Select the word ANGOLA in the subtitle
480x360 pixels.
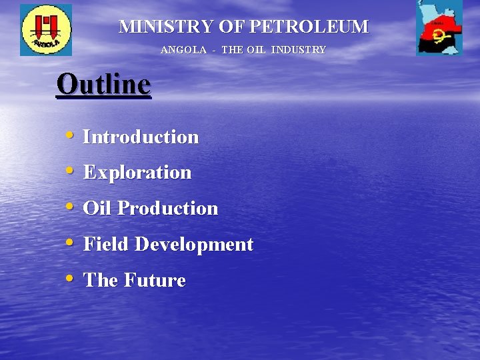pos(183,50)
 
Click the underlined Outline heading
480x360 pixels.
pos(104,85)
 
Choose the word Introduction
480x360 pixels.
pos(141,137)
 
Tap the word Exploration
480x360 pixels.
pos(137,173)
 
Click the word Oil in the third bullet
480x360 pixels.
pos(97,209)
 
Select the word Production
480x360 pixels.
pos(168,209)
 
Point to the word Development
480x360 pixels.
pos(194,245)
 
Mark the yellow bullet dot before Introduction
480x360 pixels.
pos(70,135)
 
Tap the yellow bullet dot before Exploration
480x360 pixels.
pos(70,170)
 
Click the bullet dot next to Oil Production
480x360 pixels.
pos(70,206)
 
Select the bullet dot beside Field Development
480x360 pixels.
pos(70,242)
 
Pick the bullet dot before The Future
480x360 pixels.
pos(70,278)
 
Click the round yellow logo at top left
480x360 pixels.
pos(46,30)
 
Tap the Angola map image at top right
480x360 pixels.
pos(439,29)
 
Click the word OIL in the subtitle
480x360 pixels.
pos(257,50)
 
